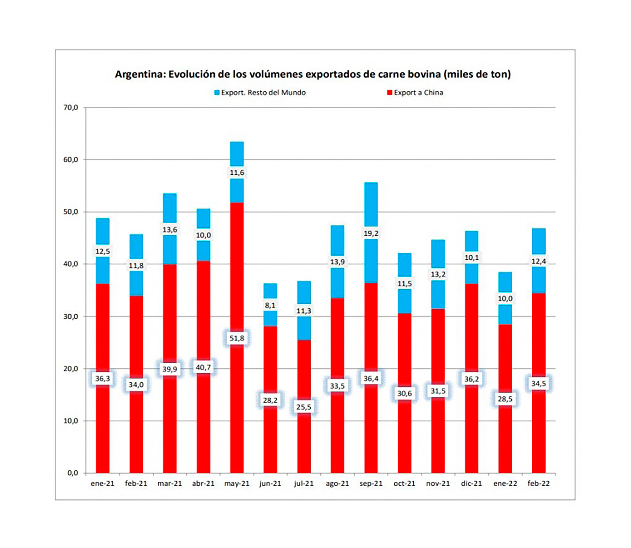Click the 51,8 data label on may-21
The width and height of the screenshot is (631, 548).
[237, 338]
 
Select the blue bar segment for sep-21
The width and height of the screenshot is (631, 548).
[371, 259]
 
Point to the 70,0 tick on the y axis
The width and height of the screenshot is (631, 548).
[71, 107]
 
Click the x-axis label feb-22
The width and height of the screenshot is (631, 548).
[538, 483]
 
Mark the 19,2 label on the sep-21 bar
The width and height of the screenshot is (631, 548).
[371, 233]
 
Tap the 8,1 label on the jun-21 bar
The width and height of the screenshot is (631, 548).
[270, 305]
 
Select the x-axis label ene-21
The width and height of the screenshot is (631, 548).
[102, 483]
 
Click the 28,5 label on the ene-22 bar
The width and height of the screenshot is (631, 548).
[505, 399]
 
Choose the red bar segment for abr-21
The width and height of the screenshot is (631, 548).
[203, 312]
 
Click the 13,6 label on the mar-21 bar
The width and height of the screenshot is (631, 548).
[170, 230]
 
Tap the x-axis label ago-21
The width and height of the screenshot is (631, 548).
[337, 483]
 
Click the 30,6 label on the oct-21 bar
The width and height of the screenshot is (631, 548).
[404, 393]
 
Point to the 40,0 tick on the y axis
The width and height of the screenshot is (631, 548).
[71, 264]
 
